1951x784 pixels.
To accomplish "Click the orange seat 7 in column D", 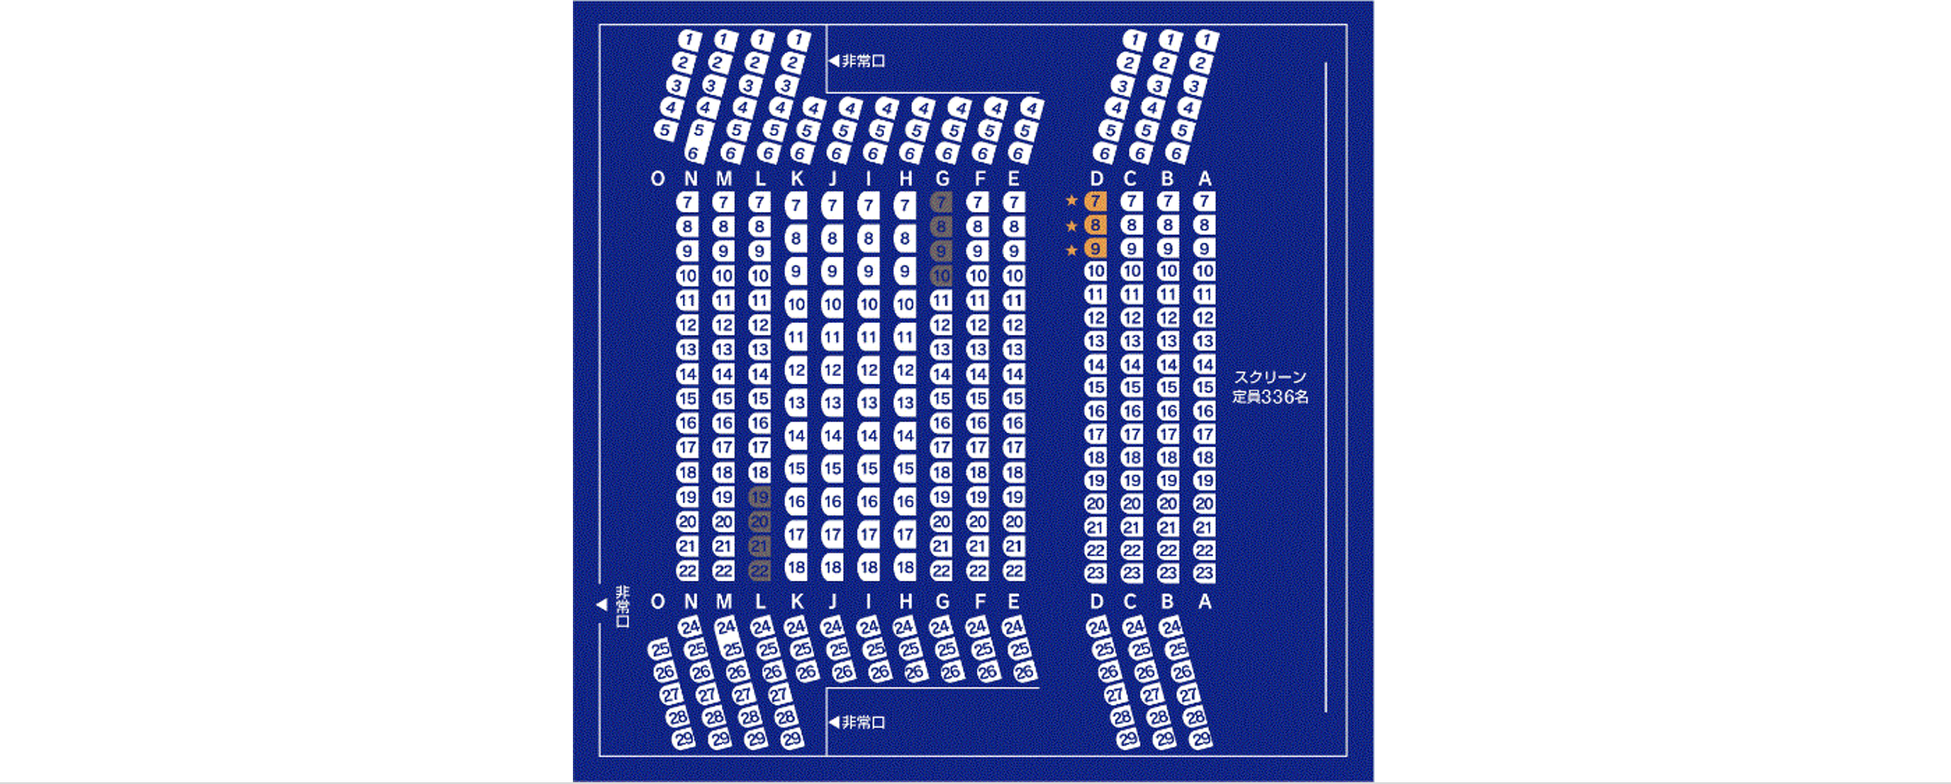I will pyautogui.click(x=1095, y=201).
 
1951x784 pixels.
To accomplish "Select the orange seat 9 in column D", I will pyautogui.click(x=1095, y=249).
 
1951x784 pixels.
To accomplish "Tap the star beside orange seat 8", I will pyautogui.click(x=1071, y=225).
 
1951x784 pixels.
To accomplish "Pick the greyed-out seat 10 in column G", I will pyautogui.click(x=941, y=276).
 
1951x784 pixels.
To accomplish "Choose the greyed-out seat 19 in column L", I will pyautogui.click(x=759, y=497).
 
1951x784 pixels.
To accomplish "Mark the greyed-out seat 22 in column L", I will pyautogui.click(x=759, y=571).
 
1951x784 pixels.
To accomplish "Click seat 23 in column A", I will pyautogui.click(x=1203, y=573).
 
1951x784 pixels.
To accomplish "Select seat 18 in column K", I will pyautogui.click(x=795, y=567).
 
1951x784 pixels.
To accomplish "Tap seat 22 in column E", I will pyautogui.click(x=1014, y=571).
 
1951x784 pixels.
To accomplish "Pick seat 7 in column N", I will pyautogui.click(x=687, y=202).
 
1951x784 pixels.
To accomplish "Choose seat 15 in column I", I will pyautogui.click(x=868, y=467).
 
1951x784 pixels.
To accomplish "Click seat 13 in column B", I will pyautogui.click(x=1168, y=341).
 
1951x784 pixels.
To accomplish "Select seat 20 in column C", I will pyautogui.click(x=1132, y=504).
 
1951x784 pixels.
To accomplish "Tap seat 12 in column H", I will pyautogui.click(x=905, y=370).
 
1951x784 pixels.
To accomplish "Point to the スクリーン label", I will pyautogui.click(x=1270, y=377).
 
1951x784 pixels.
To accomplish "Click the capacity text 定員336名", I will pyautogui.click(x=1270, y=397).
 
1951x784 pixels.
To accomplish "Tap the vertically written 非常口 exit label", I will pyautogui.click(x=623, y=607).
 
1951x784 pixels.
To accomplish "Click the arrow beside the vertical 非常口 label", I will pyautogui.click(x=601, y=605).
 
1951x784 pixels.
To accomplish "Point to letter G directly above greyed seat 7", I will pyautogui.click(x=942, y=179).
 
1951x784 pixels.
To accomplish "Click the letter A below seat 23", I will pyautogui.click(x=1204, y=602).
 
